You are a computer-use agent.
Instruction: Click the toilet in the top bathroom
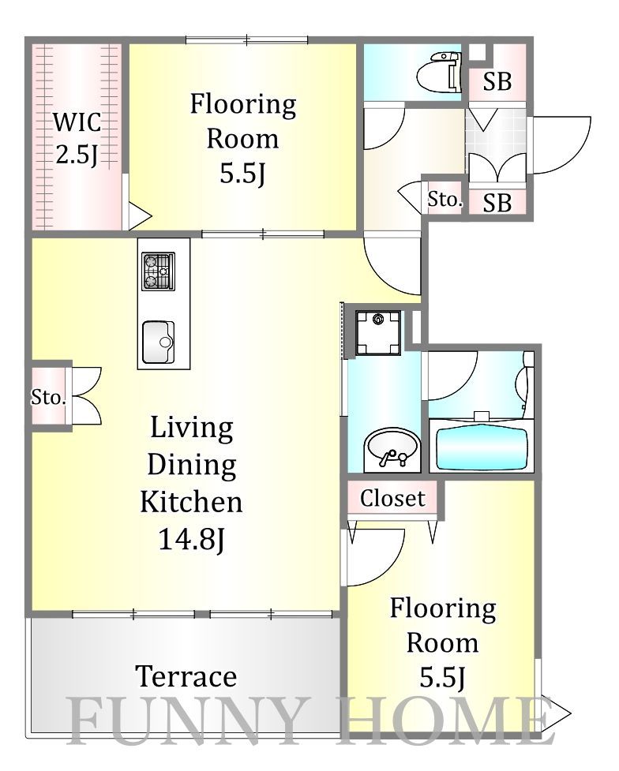pos(439,73)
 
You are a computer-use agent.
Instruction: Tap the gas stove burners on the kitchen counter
pos(158,271)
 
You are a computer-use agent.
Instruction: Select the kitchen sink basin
pos(158,342)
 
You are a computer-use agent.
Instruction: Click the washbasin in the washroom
pos(391,449)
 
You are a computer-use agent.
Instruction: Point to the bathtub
pos(482,450)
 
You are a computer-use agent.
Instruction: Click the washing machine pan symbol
pos(378,333)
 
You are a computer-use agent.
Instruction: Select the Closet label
pos(392,498)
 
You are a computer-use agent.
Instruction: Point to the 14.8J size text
pos(191,540)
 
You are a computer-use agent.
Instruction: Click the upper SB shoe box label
pos(497,81)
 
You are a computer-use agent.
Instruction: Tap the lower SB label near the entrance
pos(497,203)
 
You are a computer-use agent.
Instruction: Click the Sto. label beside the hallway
pos(445,199)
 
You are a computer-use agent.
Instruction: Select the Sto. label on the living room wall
pos(48,397)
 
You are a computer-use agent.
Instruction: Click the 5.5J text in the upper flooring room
pos(242,173)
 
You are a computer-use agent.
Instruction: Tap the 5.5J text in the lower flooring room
pos(442,677)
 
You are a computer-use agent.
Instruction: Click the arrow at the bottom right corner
pos(556,713)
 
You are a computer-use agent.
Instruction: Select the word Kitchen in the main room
pos(191,502)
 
